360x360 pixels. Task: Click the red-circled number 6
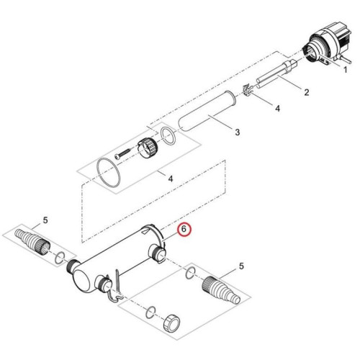coord(184,230)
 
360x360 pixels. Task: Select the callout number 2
coord(307,93)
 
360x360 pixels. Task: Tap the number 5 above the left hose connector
coord(45,220)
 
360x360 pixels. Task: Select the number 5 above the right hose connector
coord(241,266)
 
